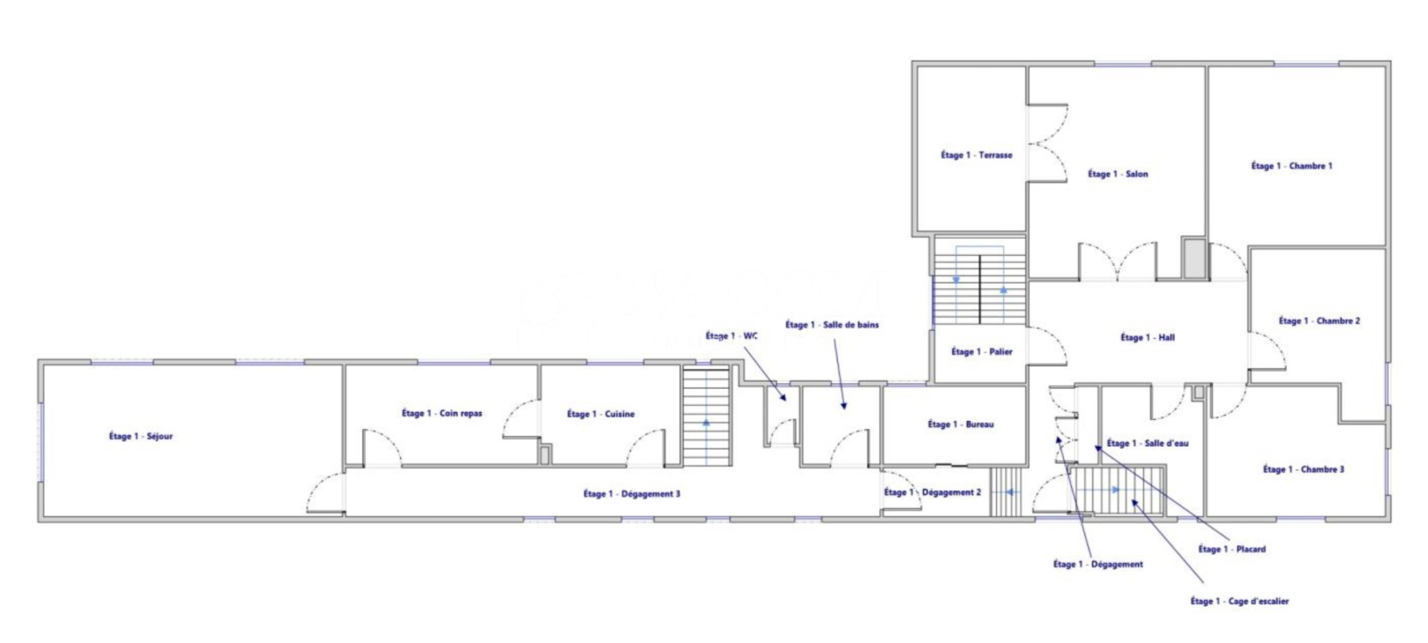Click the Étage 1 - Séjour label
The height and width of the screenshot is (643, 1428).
pyautogui.click(x=141, y=436)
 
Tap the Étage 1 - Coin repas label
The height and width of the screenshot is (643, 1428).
pyautogui.click(x=442, y=414)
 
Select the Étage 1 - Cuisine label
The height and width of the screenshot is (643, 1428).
pyautogui.click(x=601, y=414)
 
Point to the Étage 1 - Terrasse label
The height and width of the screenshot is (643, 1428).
pyautogui.click(x=976, y=155)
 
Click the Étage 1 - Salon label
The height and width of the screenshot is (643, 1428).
pyautogui.click(x=1117, y=174)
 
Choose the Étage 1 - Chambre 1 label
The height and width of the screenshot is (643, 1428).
pyautogui.click(x=1291, y=166)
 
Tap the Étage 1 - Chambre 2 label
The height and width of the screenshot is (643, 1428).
pyautogui.click(x=1319, y=320)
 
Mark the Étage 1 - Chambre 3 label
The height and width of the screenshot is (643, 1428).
pyautogui.click(x=1304, y=469)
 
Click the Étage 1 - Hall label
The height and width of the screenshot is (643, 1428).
pyautogui.click(x=1148, y=338)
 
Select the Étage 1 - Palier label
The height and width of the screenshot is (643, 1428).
pyautogui.click(x=982, y=351)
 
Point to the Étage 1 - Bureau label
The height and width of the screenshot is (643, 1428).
pyautogui.click(x=960, y=425)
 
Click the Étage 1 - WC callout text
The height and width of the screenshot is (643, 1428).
pyautogui.click(x=731, y=336)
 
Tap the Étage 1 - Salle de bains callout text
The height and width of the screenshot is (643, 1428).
pyautogui.click(x=832, y=325)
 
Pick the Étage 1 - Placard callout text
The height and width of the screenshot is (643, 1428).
pyautogui.click(x=1232, y=549)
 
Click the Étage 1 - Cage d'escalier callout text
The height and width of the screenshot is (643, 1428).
pyautogui.click(x=1240, y=601)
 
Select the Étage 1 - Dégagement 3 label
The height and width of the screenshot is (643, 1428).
pyautogui.click(x=632, y=494)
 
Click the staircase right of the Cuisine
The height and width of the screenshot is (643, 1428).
pyautogui.click(x=706, y=416)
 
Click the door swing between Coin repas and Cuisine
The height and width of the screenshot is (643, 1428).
pyautogui.click(x=521, y=418)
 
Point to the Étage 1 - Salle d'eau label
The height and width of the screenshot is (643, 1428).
pyautogui.click(x=1148, y=443)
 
